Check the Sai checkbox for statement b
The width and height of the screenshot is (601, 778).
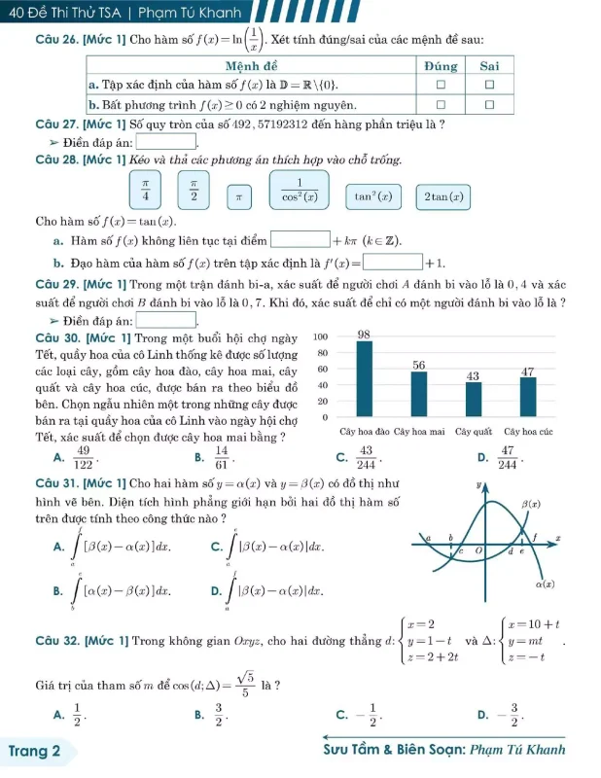[x=490, y=103]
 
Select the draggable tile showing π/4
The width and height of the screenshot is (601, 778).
[x=146, y=189]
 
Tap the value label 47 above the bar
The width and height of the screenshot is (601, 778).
[x=529, y=372]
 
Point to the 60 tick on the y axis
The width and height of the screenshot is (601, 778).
[x=324, y=370]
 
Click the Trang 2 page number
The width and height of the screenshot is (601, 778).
[x=35, y=751]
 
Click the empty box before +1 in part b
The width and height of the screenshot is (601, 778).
[x=394, y=262]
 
